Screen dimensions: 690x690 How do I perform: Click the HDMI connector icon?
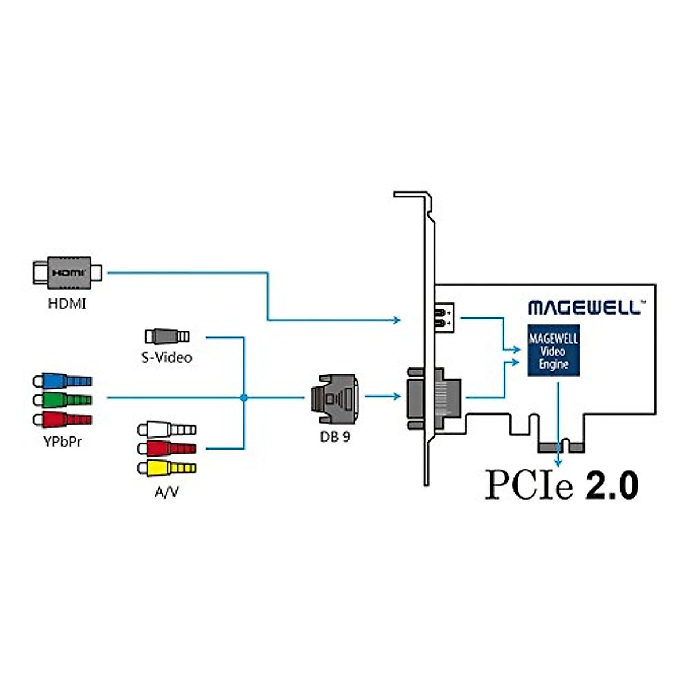point(67,273)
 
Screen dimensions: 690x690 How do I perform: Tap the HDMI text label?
point(67,304)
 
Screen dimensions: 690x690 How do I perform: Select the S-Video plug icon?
point(167,336)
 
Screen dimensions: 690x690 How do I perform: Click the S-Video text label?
point(167,358)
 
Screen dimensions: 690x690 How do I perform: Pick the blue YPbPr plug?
point(62,381)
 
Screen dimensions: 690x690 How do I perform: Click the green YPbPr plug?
point(62,400)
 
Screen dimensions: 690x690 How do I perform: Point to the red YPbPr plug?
point(62,419)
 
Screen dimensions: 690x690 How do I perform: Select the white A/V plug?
point(167,430)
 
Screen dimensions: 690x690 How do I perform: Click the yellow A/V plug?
point(167,468)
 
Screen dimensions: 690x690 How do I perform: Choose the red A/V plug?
point(167,448)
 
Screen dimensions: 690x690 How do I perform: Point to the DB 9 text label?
point(335,436)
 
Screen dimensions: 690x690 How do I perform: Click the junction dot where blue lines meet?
point(244,397)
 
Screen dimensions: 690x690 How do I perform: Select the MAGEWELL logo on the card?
point(584,307)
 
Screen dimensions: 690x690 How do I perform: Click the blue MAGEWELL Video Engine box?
point(553,351)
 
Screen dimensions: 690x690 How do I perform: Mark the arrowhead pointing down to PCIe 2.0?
point(558,463)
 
